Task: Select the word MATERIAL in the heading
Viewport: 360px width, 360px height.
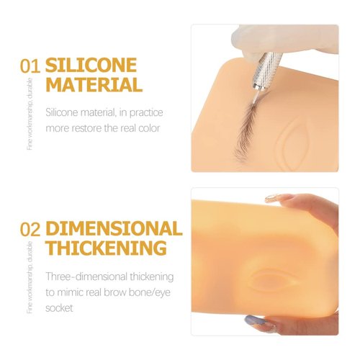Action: (94, 86)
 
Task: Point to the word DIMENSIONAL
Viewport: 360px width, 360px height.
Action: (114, 229)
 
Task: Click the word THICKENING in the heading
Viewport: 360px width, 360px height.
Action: (107, 249)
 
